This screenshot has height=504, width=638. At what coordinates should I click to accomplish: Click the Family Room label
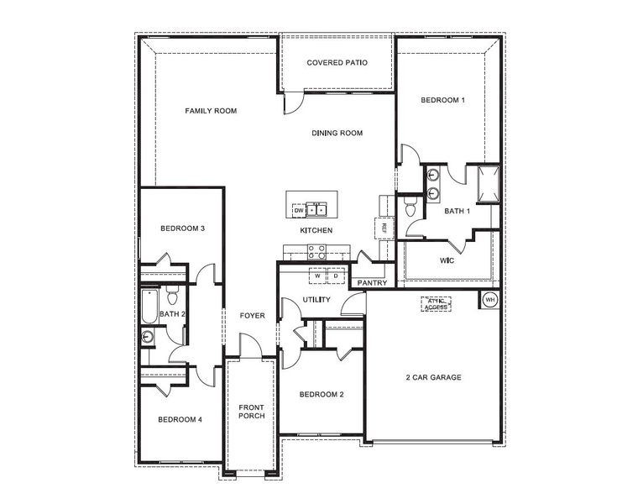click(x=211, y=111)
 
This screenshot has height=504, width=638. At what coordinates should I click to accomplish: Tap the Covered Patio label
click(x=337, y=63)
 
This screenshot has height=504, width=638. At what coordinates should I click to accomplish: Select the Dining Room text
click(x=337, y=133)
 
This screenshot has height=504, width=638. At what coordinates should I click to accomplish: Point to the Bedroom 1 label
click(x=442, y=100)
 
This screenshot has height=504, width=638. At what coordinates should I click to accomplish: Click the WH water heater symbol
click(x=490, y=299)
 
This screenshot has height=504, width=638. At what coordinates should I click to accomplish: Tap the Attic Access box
click(x=436, y=304)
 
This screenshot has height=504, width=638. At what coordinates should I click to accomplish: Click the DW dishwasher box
click(x=297, y=209)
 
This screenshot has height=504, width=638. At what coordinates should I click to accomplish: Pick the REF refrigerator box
click(x=383, y=228)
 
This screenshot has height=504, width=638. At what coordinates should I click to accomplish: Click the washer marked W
click(x=318, y=276)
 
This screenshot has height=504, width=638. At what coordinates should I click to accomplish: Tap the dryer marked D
click(x=335, y=276)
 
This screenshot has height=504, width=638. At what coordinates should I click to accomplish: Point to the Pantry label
click(x=371, y=283)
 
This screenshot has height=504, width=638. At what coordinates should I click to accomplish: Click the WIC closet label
click(x=447, y=260)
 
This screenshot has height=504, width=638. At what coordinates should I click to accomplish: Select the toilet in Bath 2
click(x=171, y=295)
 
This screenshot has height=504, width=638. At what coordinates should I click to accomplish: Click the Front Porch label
click(x=251, y=412)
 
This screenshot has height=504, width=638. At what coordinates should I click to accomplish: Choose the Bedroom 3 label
click(x=182, y=228)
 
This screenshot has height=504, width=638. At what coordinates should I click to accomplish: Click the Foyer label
click(x=252, y=316)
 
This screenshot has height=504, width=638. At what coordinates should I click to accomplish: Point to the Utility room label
click(x=316, y=300)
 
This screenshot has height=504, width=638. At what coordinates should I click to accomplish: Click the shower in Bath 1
click(x=487, y=182)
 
